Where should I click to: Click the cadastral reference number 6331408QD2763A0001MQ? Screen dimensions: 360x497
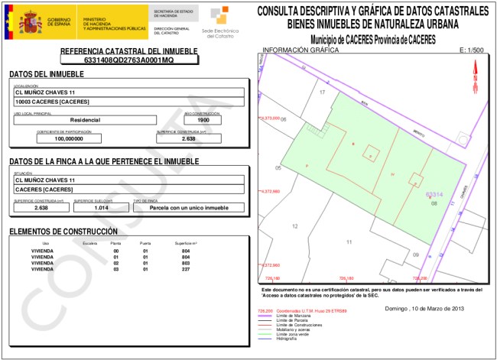pos(128,59)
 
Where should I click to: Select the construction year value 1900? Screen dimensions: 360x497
pos(203,120)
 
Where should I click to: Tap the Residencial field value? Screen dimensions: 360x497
pos(85,120)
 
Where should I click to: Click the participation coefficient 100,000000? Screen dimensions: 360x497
pos(69,139)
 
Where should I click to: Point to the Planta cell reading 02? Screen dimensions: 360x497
pos(116,263)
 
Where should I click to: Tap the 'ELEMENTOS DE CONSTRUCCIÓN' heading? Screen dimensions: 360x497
pos(63,232)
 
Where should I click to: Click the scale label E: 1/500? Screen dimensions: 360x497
pos(473,51)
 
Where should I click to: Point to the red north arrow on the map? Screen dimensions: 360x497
pos(475,79)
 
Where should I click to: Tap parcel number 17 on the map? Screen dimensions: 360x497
pos(323,92)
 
